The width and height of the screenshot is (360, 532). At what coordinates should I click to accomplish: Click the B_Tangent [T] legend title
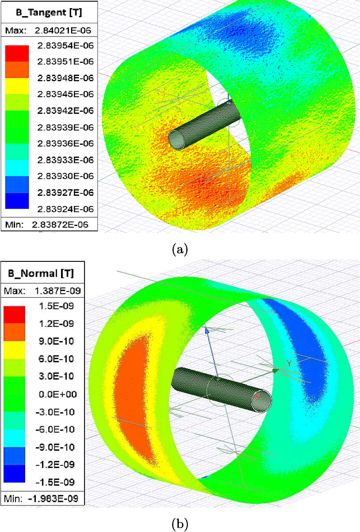tap(49, 12)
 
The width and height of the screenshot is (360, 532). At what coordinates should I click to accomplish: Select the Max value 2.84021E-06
tap(63, 31)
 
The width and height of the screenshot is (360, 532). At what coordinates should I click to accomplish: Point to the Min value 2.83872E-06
tap(60, 224)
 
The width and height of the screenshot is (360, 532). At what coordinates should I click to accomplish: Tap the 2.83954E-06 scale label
tap(66, 45)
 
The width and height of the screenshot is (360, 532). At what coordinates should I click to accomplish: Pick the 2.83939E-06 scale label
tap(66, 127)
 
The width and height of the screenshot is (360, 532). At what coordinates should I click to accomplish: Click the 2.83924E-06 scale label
tap(66, 209)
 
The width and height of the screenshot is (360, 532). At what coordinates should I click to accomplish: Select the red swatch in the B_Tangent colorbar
tap(17, 54)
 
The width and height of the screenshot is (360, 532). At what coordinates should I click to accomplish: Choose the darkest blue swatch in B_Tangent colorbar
tap(17, 201)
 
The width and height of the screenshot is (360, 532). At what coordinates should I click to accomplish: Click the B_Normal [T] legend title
tap(41, 273)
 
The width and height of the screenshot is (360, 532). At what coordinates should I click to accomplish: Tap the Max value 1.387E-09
tap(58, 291)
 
